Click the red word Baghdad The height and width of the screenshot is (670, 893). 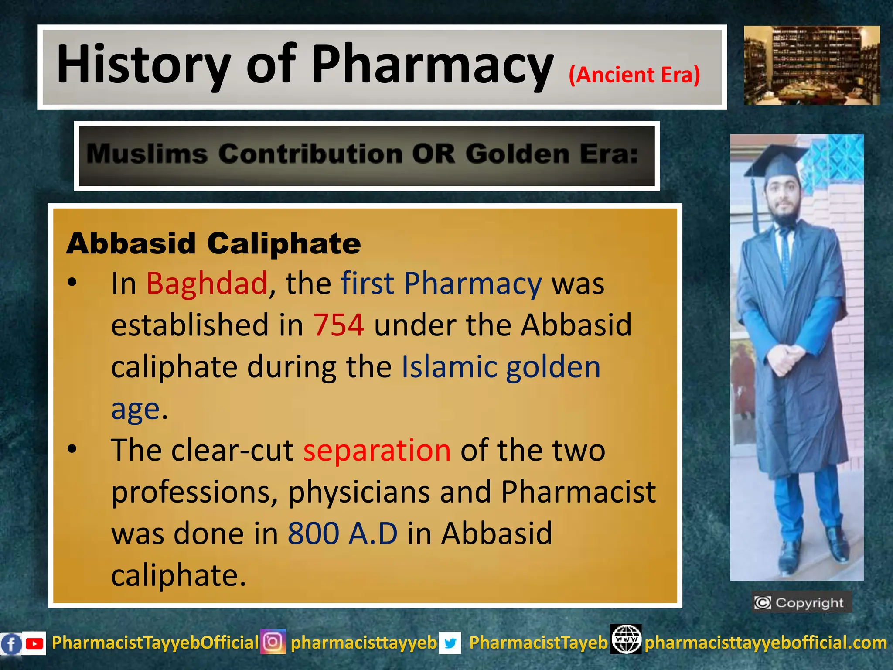tap(207, 284)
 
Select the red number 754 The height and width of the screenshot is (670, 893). tap(338, 325)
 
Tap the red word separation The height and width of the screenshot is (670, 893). tap(377, 450)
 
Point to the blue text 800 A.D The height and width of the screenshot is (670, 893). tap(342, 533)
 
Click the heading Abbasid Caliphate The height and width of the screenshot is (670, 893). tap(214, 243)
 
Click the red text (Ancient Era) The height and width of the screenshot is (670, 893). tap(634, 75)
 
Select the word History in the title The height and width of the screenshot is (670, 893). tap(144, 65)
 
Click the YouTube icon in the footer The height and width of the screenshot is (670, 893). tap(34, 643)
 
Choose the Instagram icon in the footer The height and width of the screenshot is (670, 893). tap(273, 642)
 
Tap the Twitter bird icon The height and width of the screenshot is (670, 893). tap(450, 643)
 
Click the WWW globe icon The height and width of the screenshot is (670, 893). tap(626, 639)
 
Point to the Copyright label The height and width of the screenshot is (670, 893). tap(801, 602)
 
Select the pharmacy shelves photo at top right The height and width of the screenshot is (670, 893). tap(811, 65)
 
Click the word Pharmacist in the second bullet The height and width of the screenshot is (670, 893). tap(578, 492)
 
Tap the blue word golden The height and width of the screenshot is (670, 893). tap(553, 367)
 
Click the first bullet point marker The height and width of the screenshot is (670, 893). tap(72, 283)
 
